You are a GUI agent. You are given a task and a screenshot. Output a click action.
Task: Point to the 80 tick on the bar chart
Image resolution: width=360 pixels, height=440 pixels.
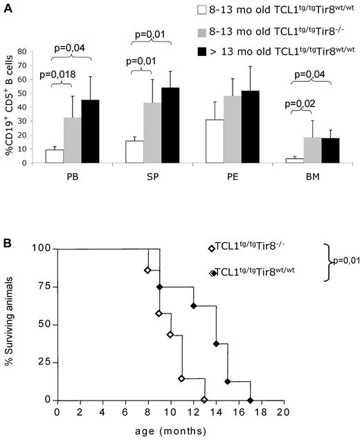click(x=29, y=51)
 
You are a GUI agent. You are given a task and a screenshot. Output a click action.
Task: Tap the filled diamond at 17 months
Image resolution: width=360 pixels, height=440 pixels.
click(x=250, y=400)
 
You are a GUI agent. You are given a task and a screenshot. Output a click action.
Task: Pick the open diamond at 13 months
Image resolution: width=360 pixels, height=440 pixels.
click(x=204, y=400)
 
